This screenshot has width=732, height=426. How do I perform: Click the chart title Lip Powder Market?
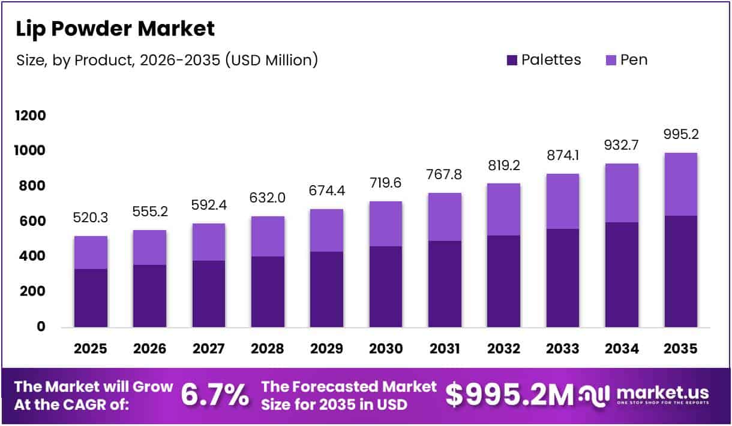click(x=115, y=28)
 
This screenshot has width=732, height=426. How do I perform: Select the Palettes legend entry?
click(x=544, y=60)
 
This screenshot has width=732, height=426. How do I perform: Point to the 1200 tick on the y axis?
click(x=31, y=116)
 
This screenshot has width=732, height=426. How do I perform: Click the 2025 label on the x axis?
click(x=91, y=349)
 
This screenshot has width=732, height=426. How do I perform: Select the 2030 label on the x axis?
click(x=386, y=349)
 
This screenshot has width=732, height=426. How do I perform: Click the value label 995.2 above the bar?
click(x=680, y=134)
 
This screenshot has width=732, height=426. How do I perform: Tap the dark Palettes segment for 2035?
click(x=680, y=271)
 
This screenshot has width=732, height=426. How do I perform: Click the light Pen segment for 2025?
click(x=91, y=252)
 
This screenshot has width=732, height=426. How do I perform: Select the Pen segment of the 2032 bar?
click(x=503, y=209)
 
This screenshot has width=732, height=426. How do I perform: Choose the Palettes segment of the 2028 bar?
click(x=268, y=292)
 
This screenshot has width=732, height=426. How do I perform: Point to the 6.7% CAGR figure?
click(x=215, y=395)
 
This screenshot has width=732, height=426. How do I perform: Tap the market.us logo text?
click(x=662, y=393)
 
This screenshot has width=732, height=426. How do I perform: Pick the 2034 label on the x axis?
click(x=622, y=349)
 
